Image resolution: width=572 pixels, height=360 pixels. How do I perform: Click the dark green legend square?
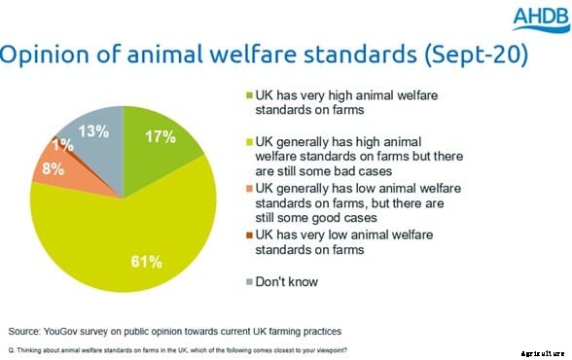click(x=247, y=95)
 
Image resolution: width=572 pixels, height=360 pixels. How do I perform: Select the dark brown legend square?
click(x=247, y=234)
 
